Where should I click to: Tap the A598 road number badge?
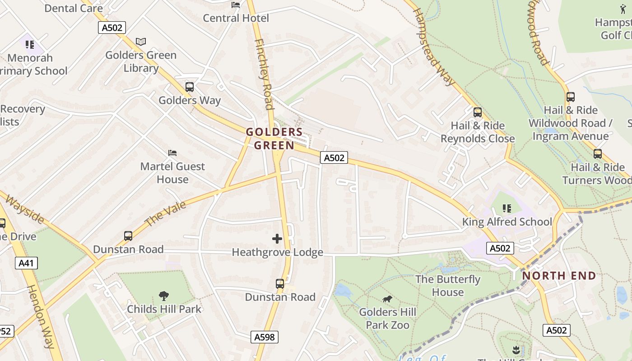265,337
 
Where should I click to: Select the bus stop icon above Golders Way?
190,87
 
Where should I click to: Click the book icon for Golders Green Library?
141,42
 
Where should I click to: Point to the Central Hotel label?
236,18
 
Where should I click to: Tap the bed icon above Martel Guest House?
172,153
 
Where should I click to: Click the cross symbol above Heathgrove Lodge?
277,239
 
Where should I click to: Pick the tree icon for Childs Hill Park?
164,296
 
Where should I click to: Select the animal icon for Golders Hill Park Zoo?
387,299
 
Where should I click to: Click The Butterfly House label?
448,286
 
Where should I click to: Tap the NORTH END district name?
559,275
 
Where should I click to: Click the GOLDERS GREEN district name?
274,139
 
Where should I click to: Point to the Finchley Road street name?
265,74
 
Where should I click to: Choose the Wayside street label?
24,209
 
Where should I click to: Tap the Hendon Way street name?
41,316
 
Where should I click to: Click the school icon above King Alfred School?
507,208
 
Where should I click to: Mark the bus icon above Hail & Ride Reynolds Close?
477,112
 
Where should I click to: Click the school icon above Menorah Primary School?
30,44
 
